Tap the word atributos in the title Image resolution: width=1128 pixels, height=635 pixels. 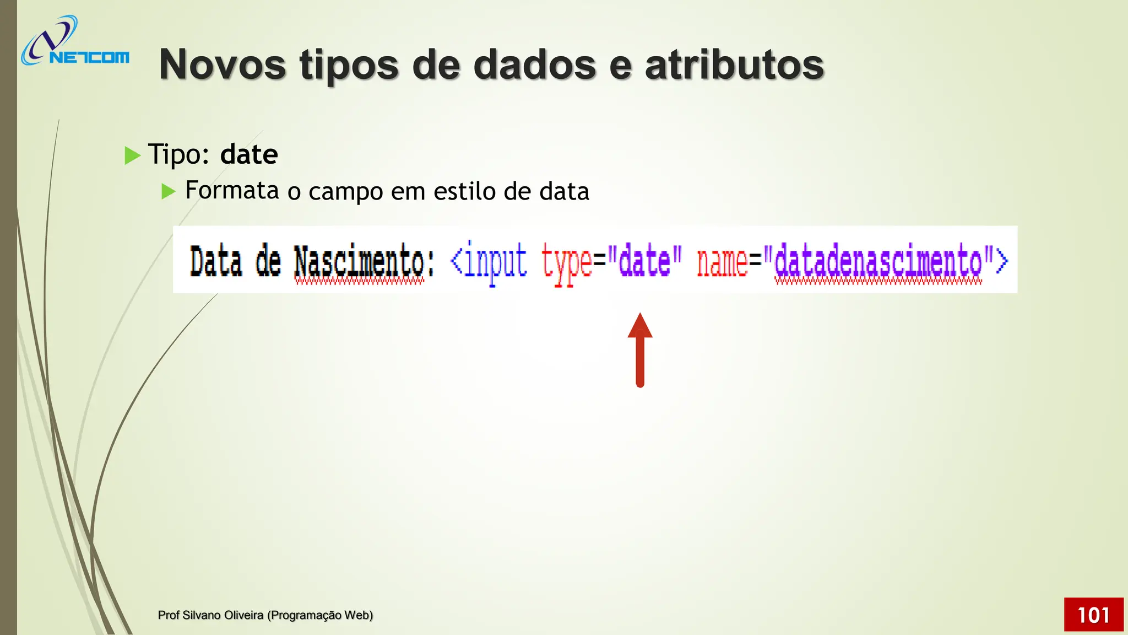(734, 64)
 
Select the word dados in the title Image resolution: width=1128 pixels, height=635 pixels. (534, 64)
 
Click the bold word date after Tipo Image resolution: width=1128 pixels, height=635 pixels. (249, 154)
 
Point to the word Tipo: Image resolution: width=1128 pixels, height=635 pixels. (179, 154)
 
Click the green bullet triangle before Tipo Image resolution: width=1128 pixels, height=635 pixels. (132, 155)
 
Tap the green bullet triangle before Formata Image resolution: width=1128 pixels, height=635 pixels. (168, 191)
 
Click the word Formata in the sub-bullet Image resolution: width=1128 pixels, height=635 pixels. (232, 191)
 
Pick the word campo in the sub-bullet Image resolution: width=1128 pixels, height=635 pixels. (345, 192)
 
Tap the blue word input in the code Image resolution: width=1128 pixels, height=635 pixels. (495, 261)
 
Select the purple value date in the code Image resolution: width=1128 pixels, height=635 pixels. (645, 261)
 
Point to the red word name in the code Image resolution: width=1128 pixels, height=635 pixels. (722, 261)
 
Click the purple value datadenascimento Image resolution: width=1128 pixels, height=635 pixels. (878, 261)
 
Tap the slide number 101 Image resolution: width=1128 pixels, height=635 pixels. (1093, 615)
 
